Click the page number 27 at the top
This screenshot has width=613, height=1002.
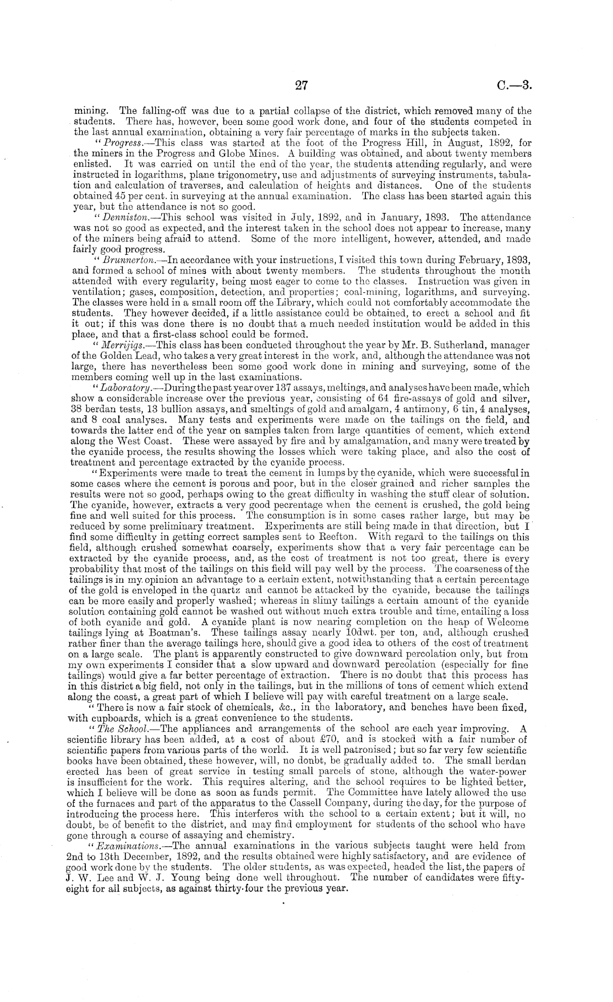point(300,85)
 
